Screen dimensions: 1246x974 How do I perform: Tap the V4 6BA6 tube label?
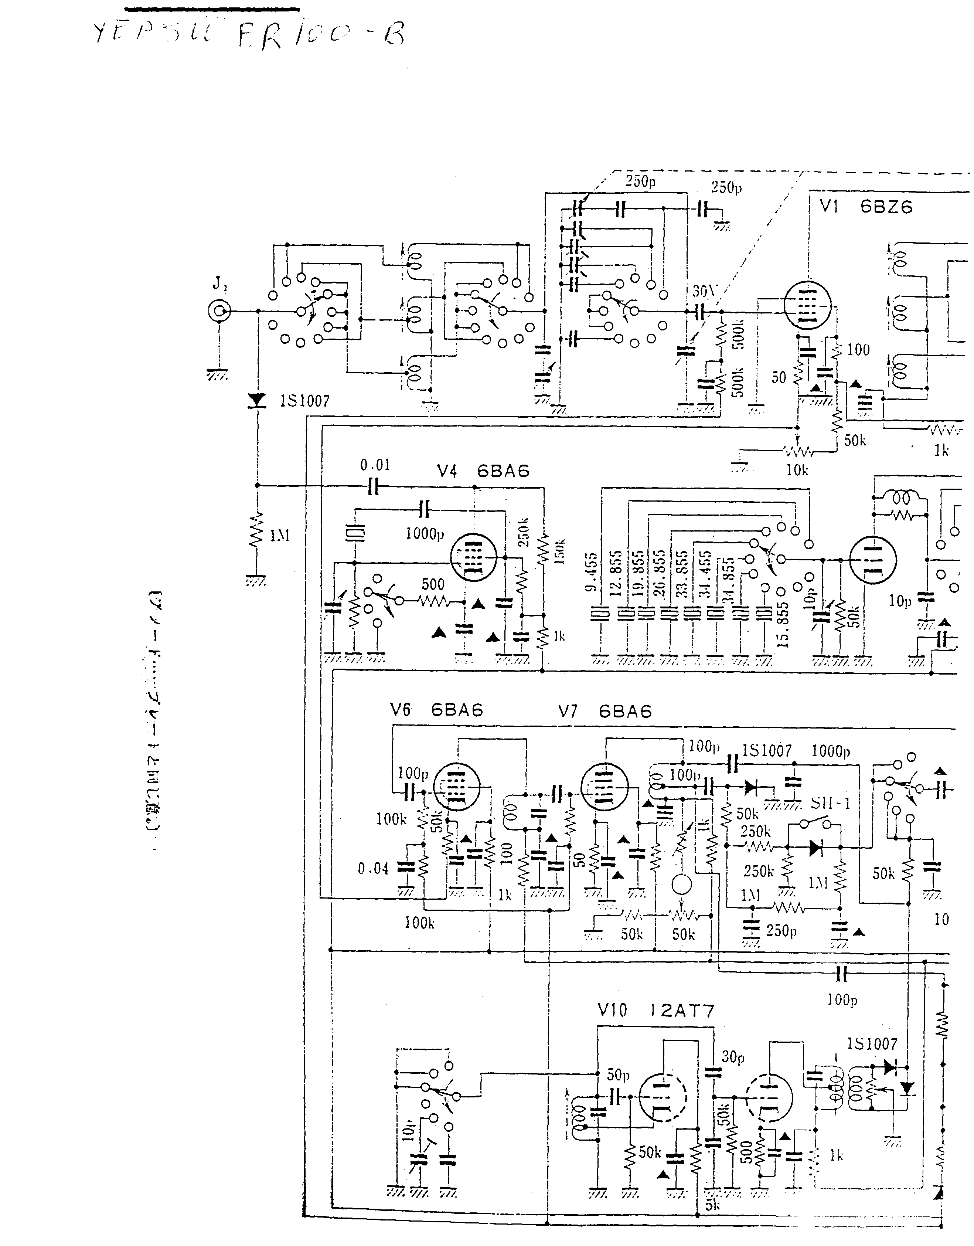[x=483, y=471]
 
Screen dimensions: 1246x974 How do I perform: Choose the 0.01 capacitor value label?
[x=375, y=465]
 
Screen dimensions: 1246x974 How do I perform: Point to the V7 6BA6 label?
[x=605, y=712]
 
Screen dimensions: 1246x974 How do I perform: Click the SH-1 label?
[x=830, y=803]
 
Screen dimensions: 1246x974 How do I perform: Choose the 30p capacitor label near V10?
[x=733, y=1057]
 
